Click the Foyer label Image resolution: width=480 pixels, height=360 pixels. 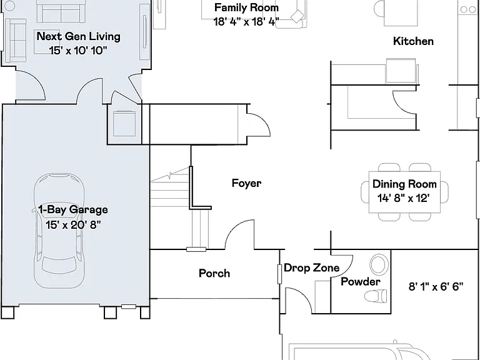246,183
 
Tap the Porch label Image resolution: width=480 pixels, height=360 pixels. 214,273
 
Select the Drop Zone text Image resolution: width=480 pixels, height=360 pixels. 312,268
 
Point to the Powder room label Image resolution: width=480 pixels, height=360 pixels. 361,281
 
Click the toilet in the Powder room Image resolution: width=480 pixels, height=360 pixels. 376,296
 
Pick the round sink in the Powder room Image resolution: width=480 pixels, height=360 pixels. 378,264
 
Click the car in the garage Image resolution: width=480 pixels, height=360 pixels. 59,231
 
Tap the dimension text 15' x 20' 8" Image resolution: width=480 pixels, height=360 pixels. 73,225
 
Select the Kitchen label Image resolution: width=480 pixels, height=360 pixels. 413,41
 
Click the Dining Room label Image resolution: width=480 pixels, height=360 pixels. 404,184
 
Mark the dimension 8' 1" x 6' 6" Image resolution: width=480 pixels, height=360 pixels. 436,286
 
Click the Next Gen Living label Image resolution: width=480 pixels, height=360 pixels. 78,36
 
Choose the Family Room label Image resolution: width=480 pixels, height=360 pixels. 246,7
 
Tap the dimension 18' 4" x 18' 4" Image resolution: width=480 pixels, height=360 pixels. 246,22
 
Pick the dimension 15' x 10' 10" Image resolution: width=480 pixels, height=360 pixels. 78,51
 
